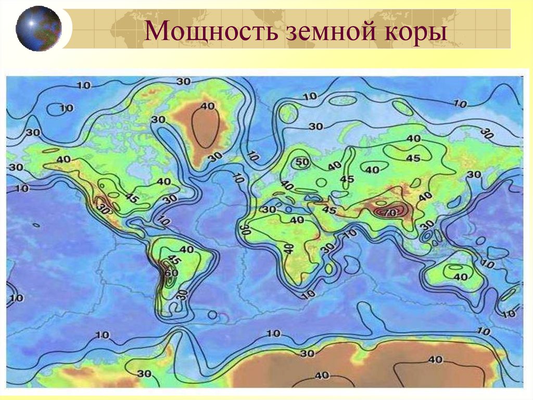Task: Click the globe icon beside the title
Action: [x=39, y=28]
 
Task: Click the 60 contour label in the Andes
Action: [x=171, y=272]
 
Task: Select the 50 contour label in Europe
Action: [x=302, y=162]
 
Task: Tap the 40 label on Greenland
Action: [x=208, y=106]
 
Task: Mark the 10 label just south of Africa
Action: [x=308, y=295]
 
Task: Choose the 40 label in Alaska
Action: [x=64, y=159]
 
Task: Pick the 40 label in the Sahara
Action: [x=297, y=220]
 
